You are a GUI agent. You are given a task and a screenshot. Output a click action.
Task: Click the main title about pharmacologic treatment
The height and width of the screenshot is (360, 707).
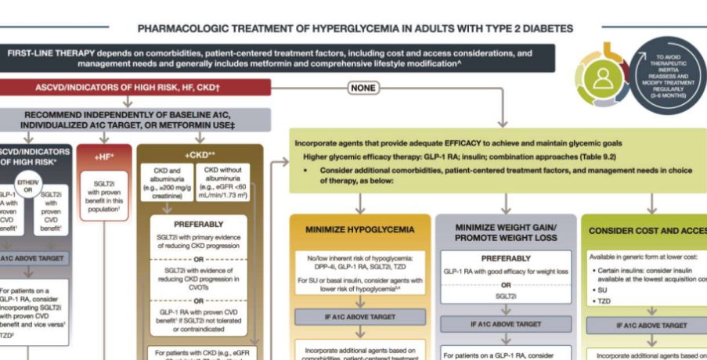(x=355, y=28)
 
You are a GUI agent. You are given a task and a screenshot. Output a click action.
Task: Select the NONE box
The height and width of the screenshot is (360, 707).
(x=363, y=88)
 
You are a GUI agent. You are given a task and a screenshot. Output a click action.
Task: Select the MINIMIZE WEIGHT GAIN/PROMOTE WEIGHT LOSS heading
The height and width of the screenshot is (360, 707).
(x=506, y=232)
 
